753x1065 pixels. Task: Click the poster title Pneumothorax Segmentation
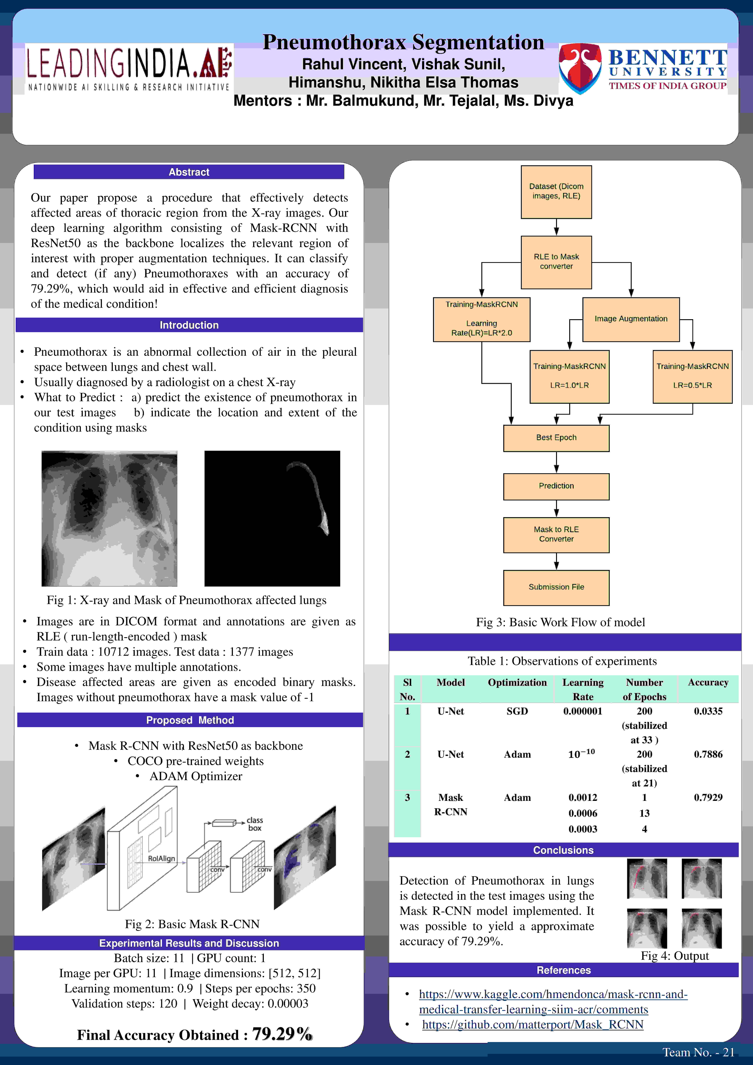point(403,42)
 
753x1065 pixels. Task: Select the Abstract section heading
point(189,172)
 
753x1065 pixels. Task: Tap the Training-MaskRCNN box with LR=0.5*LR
point(692,376)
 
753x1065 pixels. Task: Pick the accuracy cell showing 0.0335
point(708,711)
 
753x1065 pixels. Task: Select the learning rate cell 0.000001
point(583,711)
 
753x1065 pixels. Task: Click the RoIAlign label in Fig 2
point(161,859)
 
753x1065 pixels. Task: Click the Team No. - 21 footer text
point(698,1052)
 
